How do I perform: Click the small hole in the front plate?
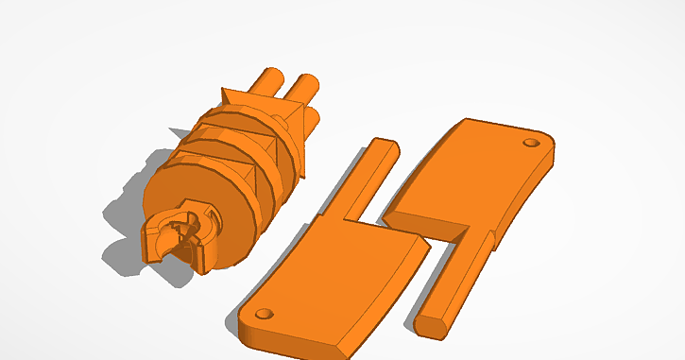pyautogui.click(x=264, y=312)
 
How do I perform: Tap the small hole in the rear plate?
pyautogui.click(x=530, y=144)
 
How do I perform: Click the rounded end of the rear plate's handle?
pyautogui.click(x=430, y=323)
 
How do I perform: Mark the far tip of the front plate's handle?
pyautogui.click(x=385, y=144)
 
